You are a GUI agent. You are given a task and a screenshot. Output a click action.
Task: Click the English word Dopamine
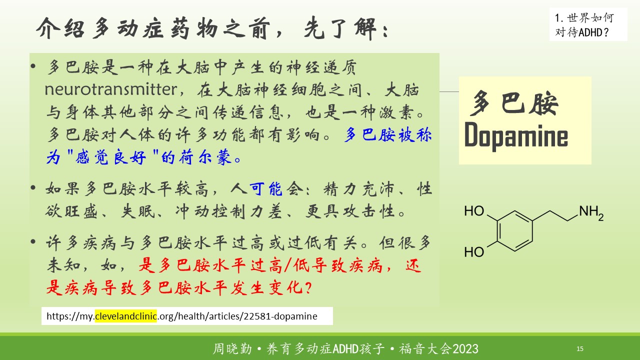(x=516, y=135)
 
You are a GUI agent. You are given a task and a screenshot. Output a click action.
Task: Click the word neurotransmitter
(x=111, y=89)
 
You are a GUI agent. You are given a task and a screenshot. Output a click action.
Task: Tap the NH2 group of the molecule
(x=591, y=213)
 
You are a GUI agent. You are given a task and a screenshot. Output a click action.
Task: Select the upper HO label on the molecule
(x=474, y=211)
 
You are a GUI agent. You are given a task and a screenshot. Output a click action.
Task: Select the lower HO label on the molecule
(x=474, y=252)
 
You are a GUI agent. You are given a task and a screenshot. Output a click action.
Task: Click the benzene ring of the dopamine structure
(x=515, y=231)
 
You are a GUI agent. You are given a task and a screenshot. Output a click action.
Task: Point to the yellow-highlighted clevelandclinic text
(x=125, y=316)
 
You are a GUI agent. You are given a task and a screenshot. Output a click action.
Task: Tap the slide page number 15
(x=579, y=348)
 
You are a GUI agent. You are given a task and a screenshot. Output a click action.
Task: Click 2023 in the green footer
(x=465, y=349)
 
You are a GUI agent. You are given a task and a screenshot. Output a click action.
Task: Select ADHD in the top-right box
(x=591, y=32)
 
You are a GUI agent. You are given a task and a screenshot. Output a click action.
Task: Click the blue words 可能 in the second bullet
(x=265, y=189)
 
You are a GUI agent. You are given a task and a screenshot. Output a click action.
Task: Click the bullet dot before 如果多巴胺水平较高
(x=33, y=187)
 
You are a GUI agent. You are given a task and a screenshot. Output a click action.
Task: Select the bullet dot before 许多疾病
(x=33, y=241)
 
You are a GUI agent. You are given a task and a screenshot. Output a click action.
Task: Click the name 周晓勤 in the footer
(x=232, y=349)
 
